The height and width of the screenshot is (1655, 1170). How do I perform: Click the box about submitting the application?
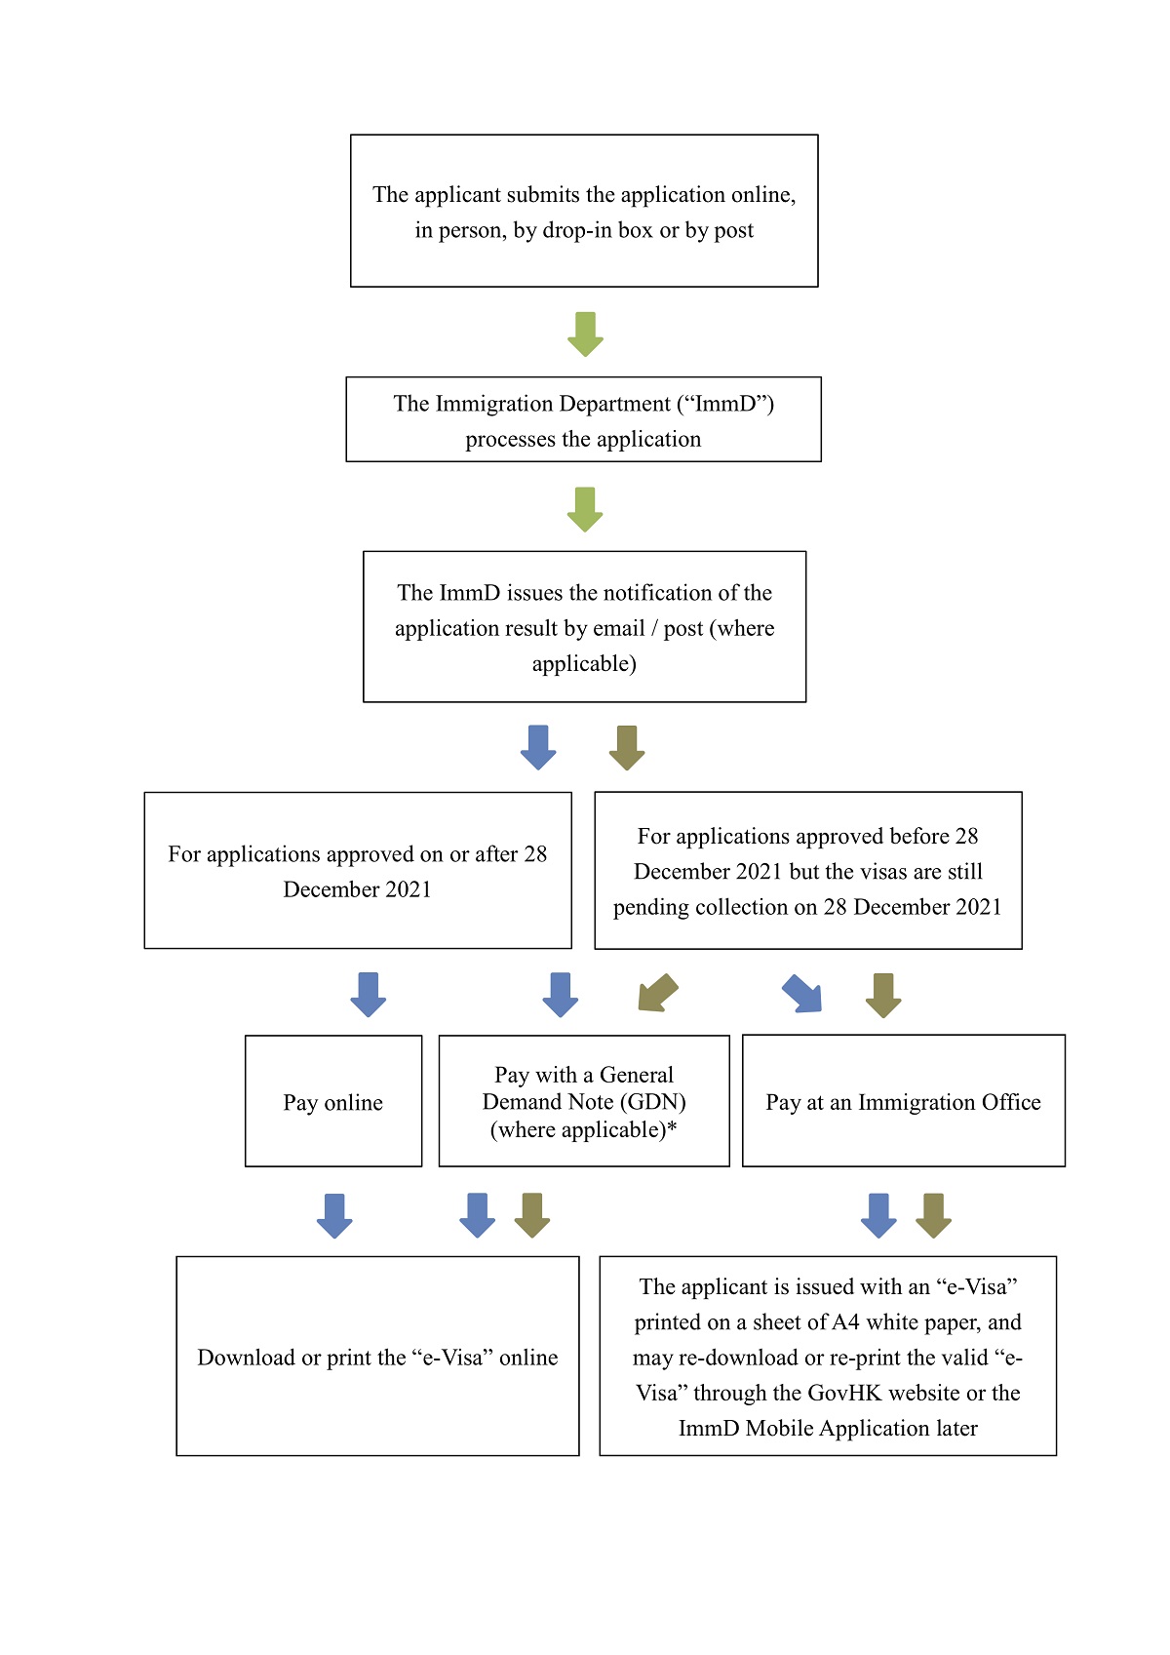(583, 211)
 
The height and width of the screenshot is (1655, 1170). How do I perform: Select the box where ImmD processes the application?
(583, 419)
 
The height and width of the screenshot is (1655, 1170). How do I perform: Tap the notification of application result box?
(584, 626)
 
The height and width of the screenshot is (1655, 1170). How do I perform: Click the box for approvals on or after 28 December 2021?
(358, 870)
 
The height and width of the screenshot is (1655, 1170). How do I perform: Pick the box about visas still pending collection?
(808, 870)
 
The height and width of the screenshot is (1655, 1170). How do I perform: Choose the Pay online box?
(333, 1101)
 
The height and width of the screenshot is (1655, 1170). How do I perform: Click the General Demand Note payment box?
(583, 1101)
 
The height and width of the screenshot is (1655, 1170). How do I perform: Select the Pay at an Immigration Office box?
(904, 1101)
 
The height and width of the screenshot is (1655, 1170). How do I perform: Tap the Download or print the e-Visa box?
(377, 1357)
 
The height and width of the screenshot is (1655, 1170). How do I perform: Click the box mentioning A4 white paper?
(827, 1357)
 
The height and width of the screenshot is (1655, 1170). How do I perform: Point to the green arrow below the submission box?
(585, 334)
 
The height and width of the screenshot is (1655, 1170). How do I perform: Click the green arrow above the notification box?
(585, 509)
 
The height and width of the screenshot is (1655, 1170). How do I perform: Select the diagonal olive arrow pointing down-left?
(657, 993)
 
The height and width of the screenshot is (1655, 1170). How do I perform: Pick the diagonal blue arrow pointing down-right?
(802, 993)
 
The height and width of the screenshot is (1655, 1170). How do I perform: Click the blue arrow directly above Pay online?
(368, 995)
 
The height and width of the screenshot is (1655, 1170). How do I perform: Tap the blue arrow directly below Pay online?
(334, 1215)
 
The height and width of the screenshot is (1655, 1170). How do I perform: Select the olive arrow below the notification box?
(627, 748)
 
